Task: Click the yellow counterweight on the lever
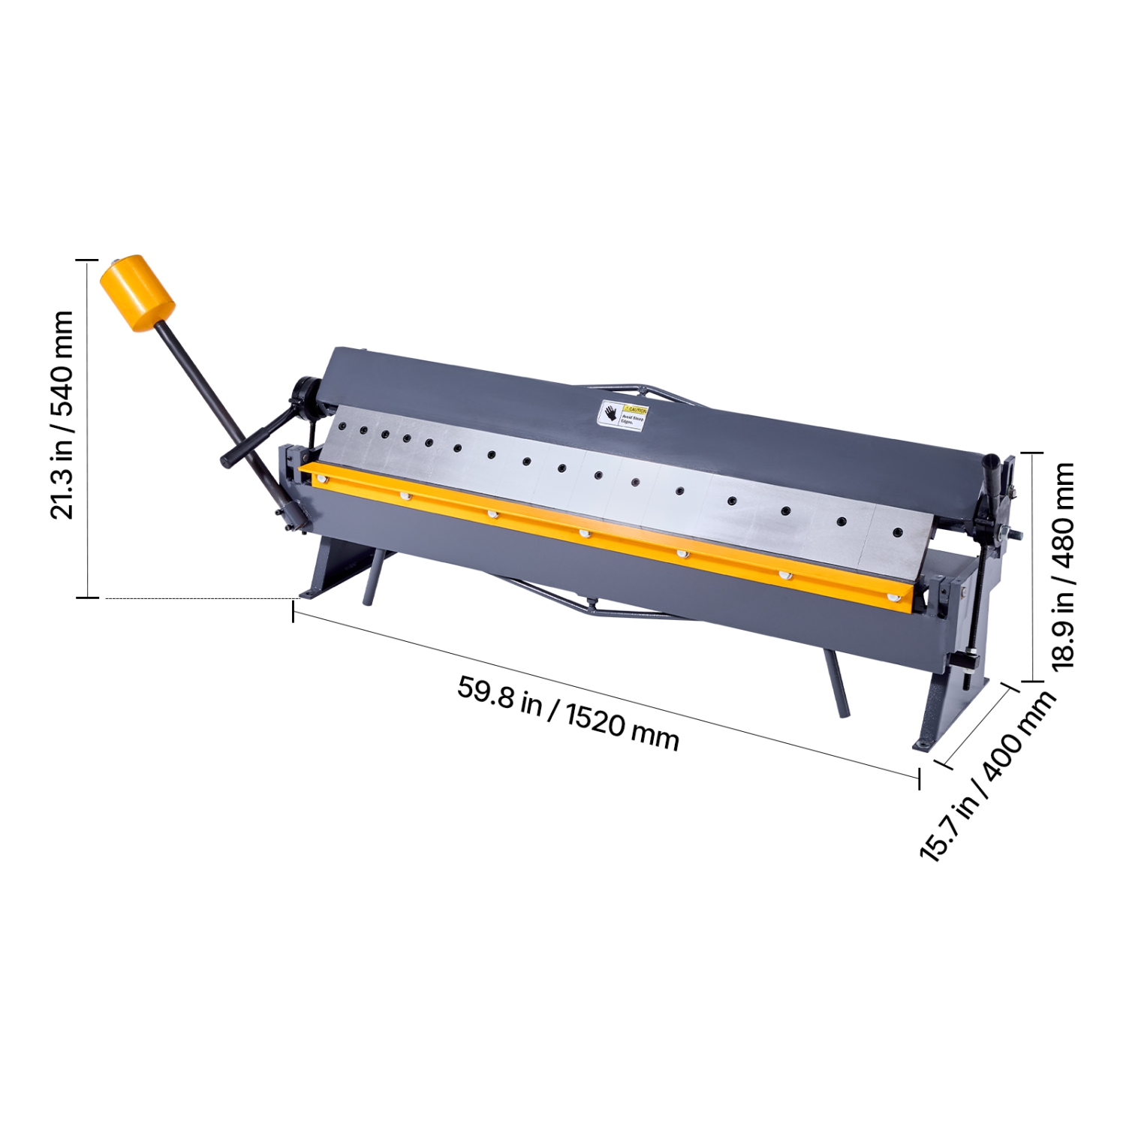(137, 293)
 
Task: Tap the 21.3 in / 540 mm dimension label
(62, 414)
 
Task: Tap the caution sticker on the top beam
(622, 414)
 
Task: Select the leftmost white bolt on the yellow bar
(324, 479)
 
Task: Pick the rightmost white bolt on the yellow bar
(893, 598)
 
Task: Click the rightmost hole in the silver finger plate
(897, 532)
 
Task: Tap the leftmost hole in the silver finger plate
(342, 426)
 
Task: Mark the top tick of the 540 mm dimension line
(87, 260)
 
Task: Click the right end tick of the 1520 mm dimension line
(919, 778)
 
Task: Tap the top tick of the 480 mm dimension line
(1032, 453)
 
